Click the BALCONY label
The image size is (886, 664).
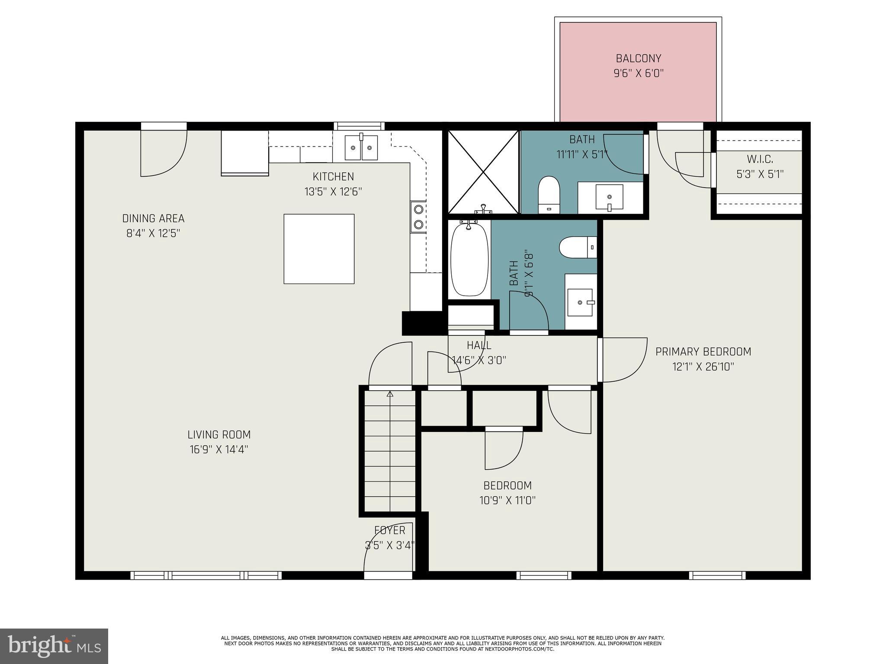pos(638,58)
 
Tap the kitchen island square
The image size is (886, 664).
pos(319,249)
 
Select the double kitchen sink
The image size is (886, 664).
pos(361,147)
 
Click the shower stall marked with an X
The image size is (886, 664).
pos(483,172)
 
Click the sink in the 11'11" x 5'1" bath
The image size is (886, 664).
pos(609,197)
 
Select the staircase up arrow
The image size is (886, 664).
pos(390,394)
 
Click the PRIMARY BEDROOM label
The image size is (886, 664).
pos(703,351)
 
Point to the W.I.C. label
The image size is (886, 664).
pos(760,159)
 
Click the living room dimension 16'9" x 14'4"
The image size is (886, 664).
pos(219,450)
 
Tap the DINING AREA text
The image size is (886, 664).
pos(153,218)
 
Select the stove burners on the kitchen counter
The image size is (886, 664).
pos(418,217)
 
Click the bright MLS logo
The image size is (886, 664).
pos(54,646)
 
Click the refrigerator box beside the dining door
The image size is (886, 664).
pos(245,153)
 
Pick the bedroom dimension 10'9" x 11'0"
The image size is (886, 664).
pos(507,501)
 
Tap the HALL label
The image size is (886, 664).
pos(479,345)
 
